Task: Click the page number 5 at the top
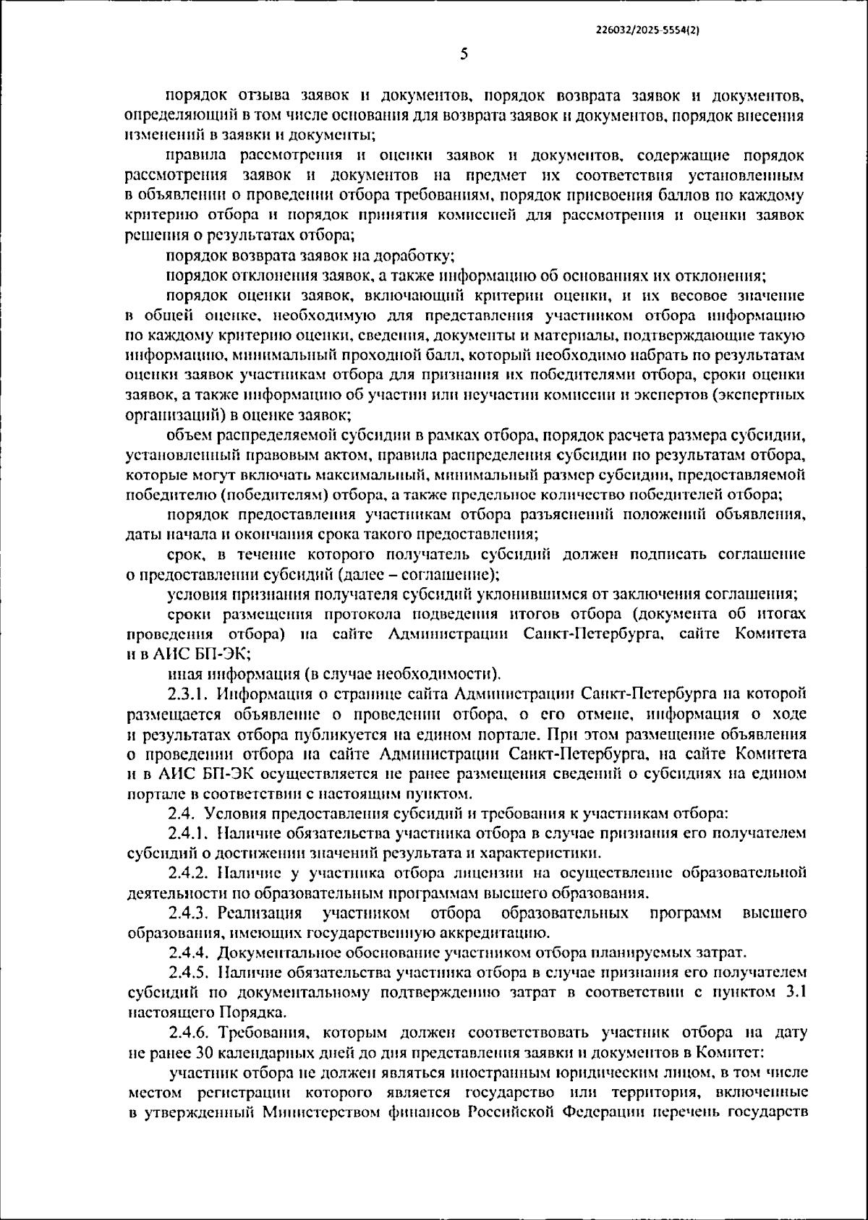464,54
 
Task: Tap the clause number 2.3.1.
189,694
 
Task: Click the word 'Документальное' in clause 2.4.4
271,952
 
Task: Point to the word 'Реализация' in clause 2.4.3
260,913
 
